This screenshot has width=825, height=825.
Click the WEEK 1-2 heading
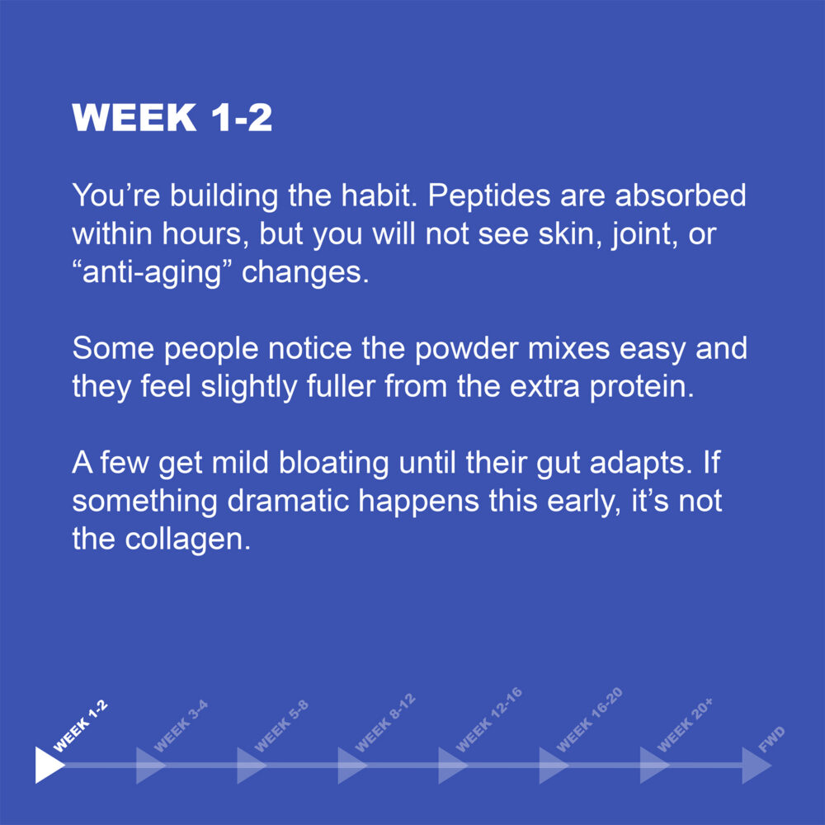pos(172,117)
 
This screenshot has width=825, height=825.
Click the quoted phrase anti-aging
pos(152,273)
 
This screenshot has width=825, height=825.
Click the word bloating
pos(333,464)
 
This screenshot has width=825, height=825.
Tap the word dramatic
pos(288,501)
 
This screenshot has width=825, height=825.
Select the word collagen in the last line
pos(187,540)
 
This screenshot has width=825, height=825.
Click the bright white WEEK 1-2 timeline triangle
pos(49,765)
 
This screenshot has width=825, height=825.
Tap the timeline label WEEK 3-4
pos(181,727)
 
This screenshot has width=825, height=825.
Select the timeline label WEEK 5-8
pos(281,727)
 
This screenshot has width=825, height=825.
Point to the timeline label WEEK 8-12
pos(385,724)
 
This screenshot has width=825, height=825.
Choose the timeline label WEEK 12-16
pos(488,719)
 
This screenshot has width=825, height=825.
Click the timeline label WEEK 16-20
pos(589,719)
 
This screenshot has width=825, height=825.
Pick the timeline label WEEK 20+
pos(685,725)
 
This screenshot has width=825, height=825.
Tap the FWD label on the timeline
pos(772,739)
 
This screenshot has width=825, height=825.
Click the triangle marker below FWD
pos(757,765)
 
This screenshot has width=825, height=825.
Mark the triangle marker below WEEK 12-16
pos(453,765)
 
